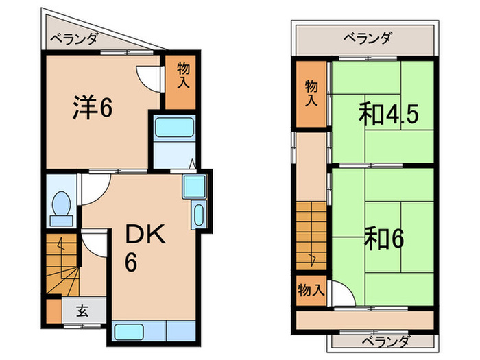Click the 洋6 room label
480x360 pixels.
click(x=93, y=108)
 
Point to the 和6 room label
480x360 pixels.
click(x=384, y=239)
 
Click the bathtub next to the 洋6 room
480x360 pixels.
click(x=174, y=129)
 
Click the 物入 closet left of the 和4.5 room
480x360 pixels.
click(x=311, y=93)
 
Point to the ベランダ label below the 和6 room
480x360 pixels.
click(x=384, y=341)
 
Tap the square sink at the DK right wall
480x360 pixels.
click(x=193, y=187)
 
